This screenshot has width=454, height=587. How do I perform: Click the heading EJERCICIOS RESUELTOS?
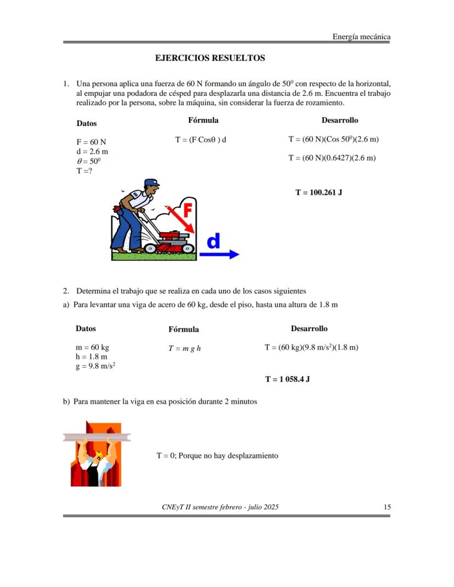point(210,58)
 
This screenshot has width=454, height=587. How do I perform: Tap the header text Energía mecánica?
point(361,37)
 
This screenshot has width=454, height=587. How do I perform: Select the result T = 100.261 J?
point(319,192)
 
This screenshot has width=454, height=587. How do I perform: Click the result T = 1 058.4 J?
point(287,379)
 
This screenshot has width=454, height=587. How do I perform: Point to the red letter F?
point(186,210)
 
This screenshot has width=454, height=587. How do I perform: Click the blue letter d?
point(214,241)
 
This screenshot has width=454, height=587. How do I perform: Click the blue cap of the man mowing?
point(151,183)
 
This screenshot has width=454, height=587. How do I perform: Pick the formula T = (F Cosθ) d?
point(201,140)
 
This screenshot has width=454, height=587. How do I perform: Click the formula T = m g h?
point(184,348)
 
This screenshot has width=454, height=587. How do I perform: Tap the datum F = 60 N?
point(91,141)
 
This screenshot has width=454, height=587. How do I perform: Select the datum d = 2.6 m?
point(92,151)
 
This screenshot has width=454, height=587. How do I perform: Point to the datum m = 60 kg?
point(92,347)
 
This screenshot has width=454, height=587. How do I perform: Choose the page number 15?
point(387,507)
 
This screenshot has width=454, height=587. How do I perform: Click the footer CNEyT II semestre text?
point(220,507)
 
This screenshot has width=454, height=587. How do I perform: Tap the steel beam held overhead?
point(97,437)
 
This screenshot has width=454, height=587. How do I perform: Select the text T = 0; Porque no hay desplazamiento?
point(217,455)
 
